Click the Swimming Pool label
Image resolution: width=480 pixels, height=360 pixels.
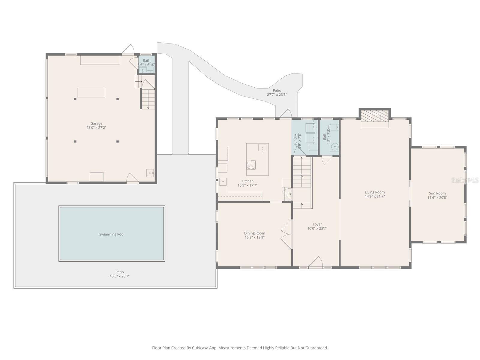pyautogui.click(x=112, y=234)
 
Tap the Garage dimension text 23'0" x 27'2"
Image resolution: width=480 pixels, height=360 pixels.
pyautogui.click(x=96, y=127)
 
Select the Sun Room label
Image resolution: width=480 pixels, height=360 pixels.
pyautogui.click(x=437, y=193)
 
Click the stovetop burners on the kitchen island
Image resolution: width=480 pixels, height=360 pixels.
pyautogui.click(x=251, y=165)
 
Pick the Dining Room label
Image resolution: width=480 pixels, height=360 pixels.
pyautogui.click(x=254, y=233)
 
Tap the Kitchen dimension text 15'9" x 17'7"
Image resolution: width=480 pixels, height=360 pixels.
pyautogui.click(x=247, y=185)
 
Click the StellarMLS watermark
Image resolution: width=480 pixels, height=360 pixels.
pyautogui.click(x=465, y=180)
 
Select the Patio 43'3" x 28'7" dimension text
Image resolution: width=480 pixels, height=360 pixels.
pyautogui.click(x=119, y=276)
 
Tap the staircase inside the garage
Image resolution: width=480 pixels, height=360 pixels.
pyautogui.click(x=148, y=99)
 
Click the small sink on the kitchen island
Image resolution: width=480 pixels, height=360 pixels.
pyautogui.click(x=262, y=148)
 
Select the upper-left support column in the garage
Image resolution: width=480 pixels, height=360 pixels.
pyautogui.click(x=75, y=99)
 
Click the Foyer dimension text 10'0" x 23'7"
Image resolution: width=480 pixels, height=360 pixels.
pyautogui.click(x=317, y=228)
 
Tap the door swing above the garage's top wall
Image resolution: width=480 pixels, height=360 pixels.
pyautogui.click(x=129, y=49)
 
